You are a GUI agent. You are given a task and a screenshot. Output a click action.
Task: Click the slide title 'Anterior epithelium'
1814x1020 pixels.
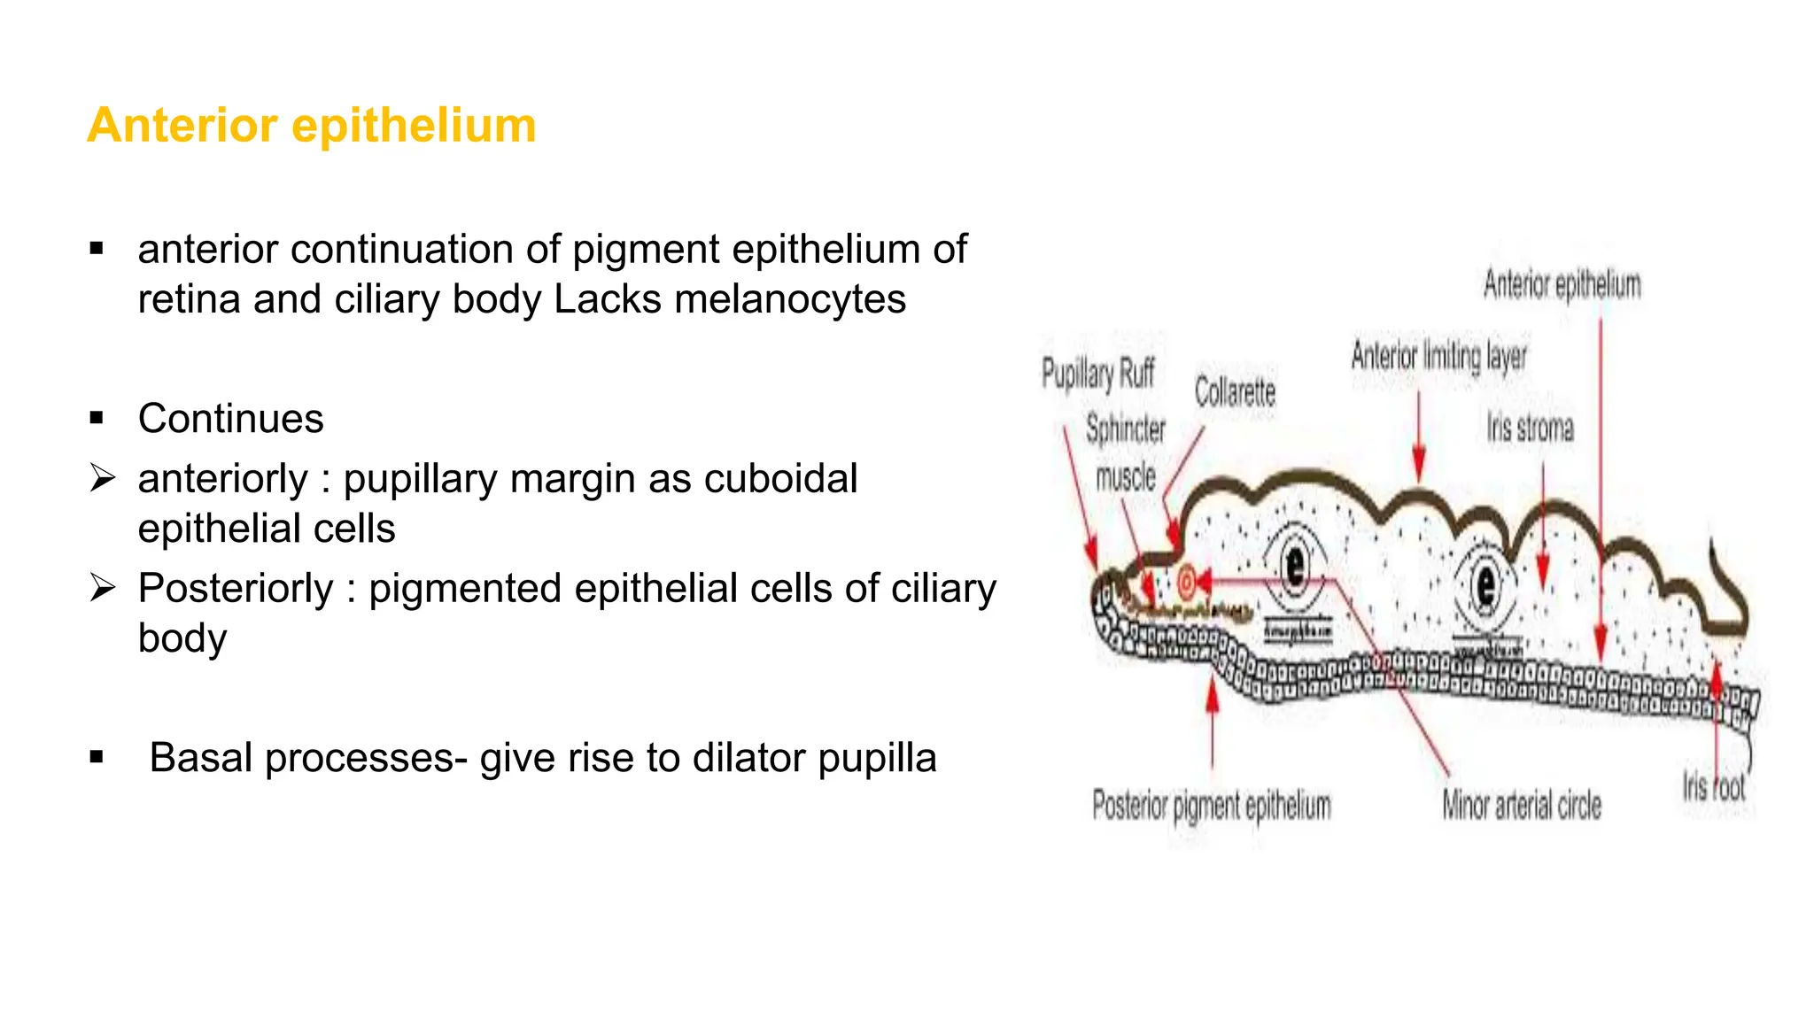point(312,125)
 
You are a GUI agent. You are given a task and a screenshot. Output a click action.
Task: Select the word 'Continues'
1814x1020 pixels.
point(231,419)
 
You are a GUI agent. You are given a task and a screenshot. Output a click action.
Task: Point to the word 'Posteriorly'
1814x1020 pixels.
point(236,589)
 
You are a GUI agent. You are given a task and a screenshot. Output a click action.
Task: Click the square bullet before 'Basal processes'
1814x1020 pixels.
point(97,758)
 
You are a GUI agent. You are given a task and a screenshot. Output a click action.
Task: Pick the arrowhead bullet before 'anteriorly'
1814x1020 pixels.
point(103,479)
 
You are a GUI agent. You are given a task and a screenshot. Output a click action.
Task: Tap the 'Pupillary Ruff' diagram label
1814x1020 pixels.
point(1098,374)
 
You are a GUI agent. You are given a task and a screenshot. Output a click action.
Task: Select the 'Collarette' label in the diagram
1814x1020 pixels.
point(1235,392)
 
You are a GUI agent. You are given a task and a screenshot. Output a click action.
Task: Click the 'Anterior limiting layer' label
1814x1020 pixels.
point(1438,357)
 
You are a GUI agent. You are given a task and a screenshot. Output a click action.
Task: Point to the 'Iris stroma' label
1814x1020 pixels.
point(1530,429)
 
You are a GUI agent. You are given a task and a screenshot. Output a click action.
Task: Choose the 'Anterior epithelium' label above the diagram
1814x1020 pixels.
point(1562,285)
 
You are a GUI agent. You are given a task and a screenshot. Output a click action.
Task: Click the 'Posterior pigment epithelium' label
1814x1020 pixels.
point(1212,806)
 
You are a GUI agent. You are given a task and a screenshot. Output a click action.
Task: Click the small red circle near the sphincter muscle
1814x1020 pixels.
point(1186,582)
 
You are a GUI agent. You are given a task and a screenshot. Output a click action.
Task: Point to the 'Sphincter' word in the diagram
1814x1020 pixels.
point(1126,429)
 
